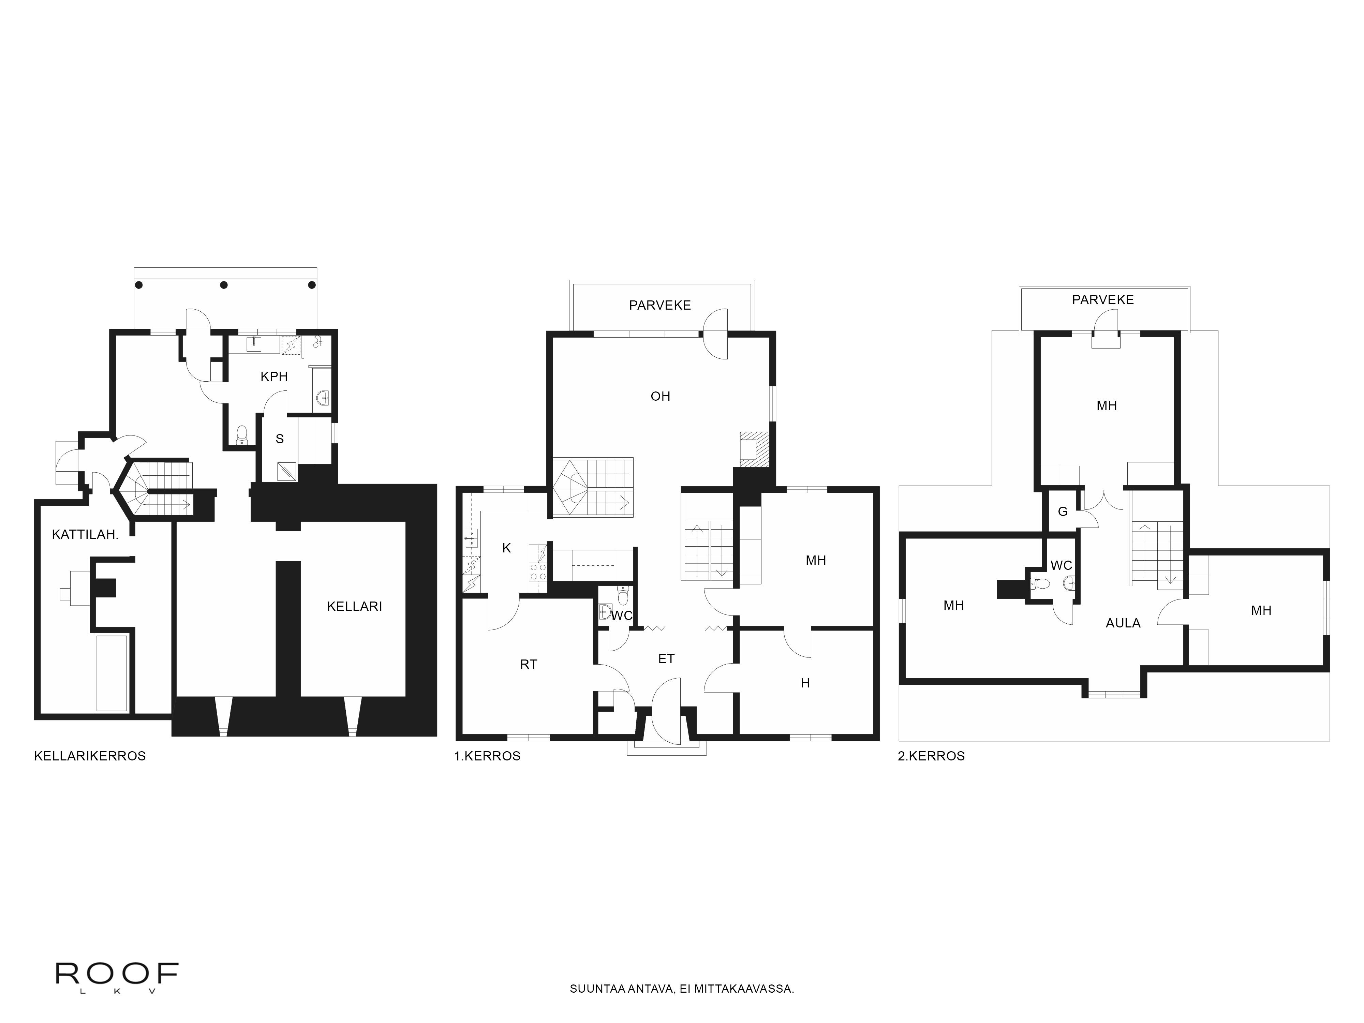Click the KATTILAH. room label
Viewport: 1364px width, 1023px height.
coord(85,535)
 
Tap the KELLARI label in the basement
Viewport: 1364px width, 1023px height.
coord(355,606)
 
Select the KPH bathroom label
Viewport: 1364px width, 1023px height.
coord(274,376)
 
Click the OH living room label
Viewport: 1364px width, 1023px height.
coord(661,396)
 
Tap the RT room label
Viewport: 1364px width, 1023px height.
coord(529,664)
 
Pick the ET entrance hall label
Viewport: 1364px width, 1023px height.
coord(666,658)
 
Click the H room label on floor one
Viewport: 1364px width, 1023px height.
coord(805,683)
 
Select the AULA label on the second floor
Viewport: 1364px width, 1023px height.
coord(1123,623)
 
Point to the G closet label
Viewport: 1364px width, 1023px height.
coord(1063,511)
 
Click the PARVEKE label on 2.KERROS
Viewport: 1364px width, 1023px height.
coord(1102,300)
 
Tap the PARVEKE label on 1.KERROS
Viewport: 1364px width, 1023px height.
coord(660,305)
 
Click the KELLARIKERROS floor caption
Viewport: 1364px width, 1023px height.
coord(90,756)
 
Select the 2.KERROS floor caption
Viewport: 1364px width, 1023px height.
coord(931,756)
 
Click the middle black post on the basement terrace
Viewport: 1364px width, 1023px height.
coord(224,285)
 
